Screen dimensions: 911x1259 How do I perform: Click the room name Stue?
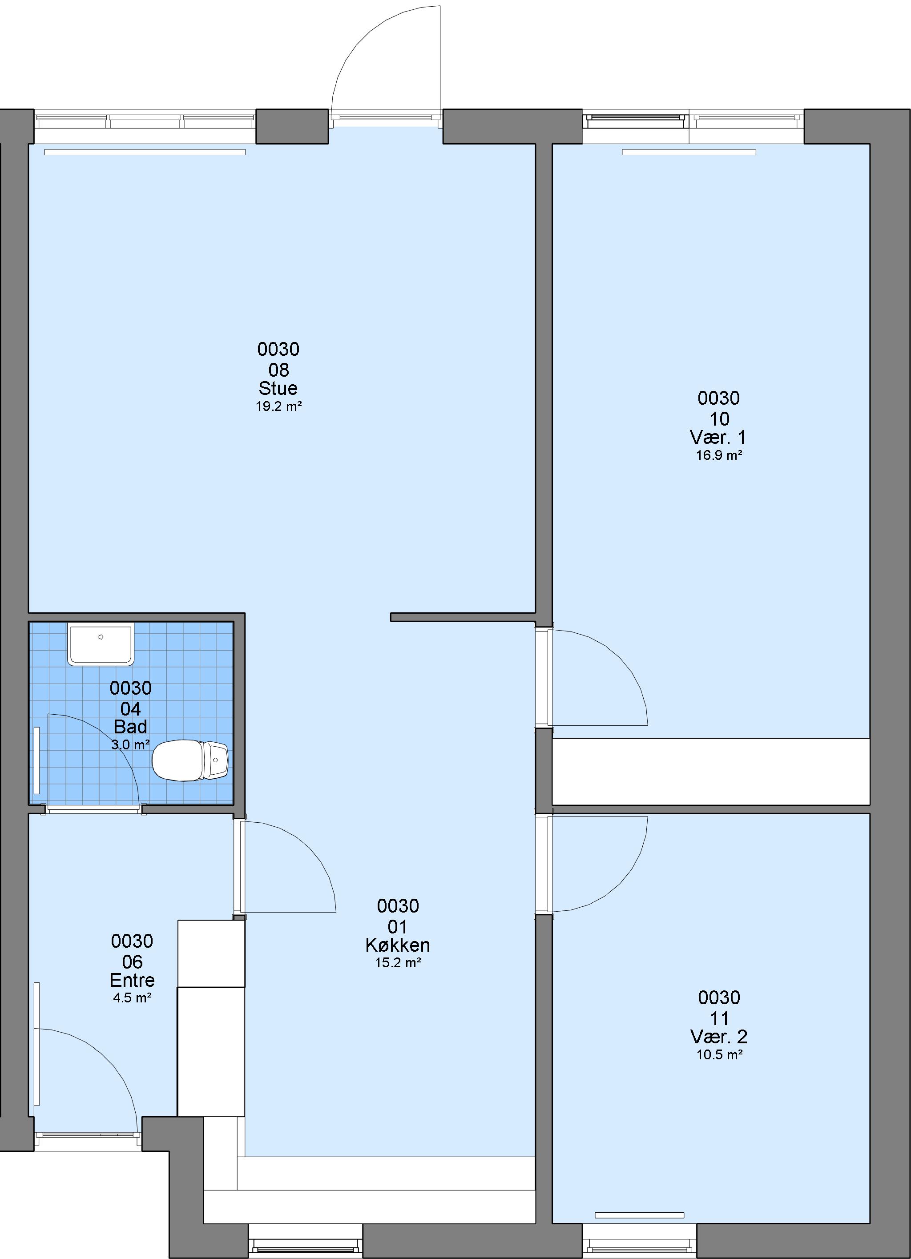278,388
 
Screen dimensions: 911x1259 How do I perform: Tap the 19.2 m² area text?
279,406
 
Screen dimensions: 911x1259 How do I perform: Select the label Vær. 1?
718,438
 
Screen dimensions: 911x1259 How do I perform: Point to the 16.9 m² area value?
719,455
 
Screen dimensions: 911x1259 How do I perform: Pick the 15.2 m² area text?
398,962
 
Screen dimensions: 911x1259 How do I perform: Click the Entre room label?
132,980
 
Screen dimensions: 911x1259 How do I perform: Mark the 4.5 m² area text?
132,998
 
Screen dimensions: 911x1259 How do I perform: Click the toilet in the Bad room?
190,760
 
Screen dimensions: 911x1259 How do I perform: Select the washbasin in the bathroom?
101,644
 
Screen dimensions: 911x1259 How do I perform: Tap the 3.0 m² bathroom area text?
130,744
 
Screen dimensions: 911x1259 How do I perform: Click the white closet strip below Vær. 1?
710,771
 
